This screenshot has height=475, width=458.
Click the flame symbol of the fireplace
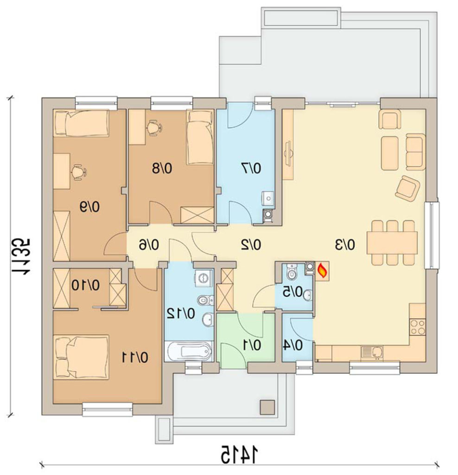tap(322, 270)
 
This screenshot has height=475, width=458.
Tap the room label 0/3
tap(344, 244)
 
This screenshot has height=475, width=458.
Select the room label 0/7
tap(251, 168)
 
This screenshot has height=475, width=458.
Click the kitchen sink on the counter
tap(372, 352)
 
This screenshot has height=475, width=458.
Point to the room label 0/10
tap(86, 285)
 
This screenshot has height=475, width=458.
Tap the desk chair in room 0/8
tap(154, 127)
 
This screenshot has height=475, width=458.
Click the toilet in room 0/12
tap(205, 300)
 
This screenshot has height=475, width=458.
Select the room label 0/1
tap(252, 345)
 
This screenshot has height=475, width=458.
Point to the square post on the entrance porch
tap(267, 407)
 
